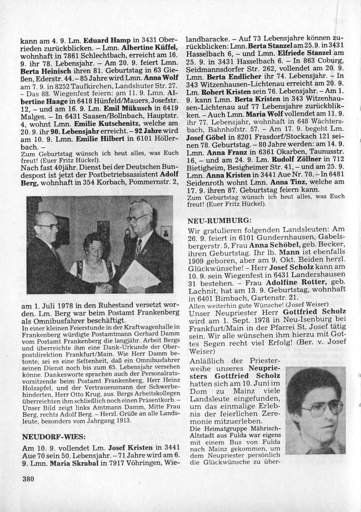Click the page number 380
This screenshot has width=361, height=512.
28,479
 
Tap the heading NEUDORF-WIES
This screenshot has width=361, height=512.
54,436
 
